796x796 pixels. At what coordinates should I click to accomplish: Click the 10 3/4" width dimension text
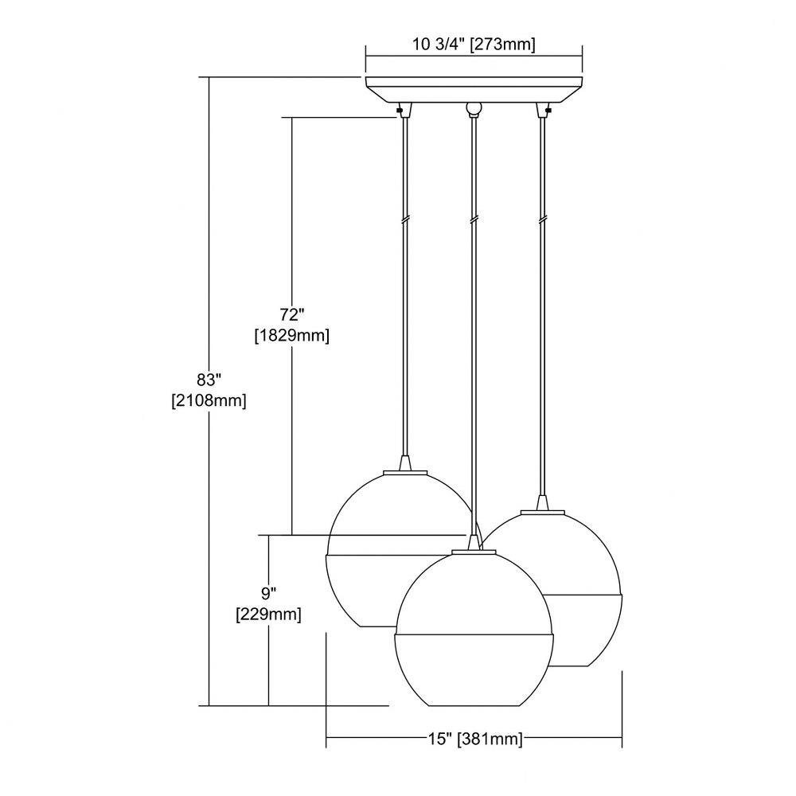pos(439,45)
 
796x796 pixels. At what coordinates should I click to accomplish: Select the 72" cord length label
pos(291,314)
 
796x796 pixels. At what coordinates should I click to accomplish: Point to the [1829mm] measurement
pos(292,336)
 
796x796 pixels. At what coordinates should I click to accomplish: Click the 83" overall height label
pos(209,379)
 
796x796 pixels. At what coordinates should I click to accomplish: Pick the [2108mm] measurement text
pos(209,400)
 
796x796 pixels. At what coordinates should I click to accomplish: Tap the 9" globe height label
pos(268,593)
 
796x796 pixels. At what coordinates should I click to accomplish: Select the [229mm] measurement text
pos(268,615)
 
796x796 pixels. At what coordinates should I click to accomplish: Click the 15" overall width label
pos(439,739)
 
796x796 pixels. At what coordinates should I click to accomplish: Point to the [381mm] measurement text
pos(490,739)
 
